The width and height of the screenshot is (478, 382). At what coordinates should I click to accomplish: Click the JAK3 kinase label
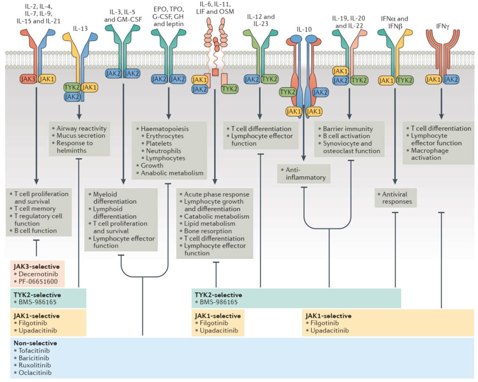point(28,79)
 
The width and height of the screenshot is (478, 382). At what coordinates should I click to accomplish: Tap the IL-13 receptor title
point(80,29)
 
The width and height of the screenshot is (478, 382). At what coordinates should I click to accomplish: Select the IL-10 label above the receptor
point(304,29)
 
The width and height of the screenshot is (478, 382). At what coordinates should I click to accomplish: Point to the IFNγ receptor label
point(442,26)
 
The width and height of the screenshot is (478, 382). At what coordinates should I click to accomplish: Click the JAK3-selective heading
point(37,266)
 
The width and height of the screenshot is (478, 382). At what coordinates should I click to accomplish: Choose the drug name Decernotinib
point(38,274)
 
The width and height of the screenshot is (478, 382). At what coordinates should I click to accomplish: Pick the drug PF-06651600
point(38,282)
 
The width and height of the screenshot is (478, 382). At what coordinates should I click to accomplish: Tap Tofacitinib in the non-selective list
point(34,350)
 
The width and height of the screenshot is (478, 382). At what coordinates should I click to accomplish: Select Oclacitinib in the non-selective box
point(35,373)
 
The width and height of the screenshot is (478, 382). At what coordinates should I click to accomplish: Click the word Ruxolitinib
point(35,365)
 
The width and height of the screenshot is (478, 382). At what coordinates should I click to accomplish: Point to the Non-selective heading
point(35,343)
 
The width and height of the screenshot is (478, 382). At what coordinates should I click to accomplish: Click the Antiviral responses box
point(396,198)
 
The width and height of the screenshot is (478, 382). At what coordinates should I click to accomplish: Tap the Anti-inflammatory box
point(304,174)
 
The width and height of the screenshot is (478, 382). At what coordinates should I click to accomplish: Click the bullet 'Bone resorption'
point(208,231)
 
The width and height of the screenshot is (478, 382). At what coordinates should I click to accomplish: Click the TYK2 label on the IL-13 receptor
point(72,88)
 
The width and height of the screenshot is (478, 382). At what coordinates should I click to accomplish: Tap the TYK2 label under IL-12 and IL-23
point(270,80)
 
